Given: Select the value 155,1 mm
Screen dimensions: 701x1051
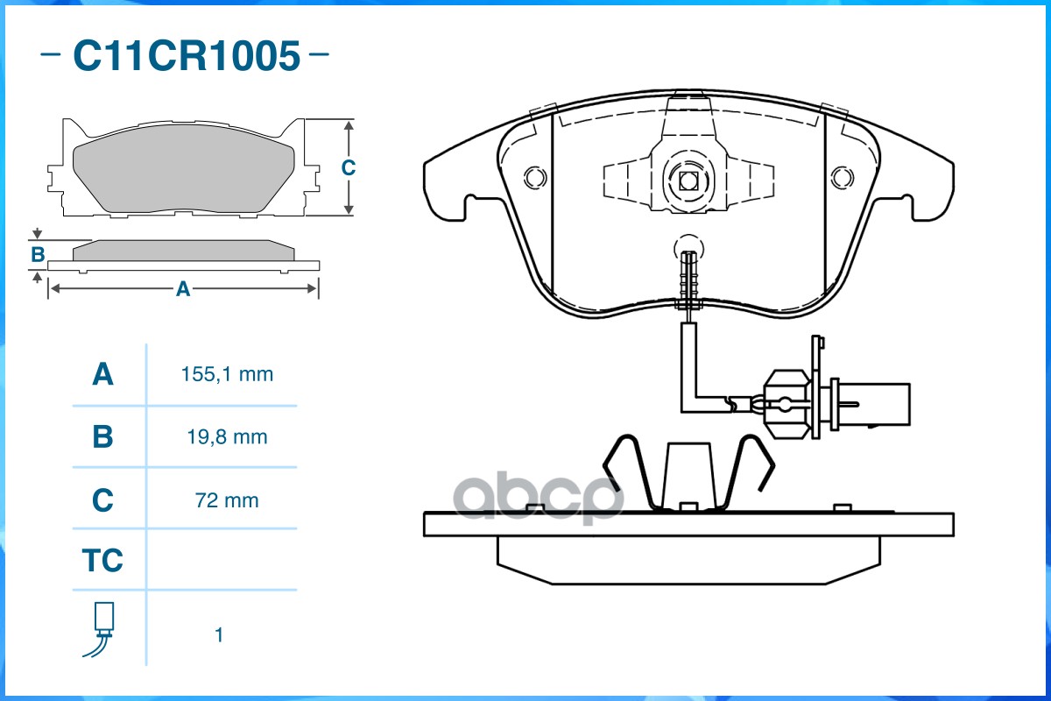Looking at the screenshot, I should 227,375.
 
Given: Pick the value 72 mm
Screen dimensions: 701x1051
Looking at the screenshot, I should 227,500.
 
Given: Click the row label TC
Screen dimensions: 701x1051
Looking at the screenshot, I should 102,560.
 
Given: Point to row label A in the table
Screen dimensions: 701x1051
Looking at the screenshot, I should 102,375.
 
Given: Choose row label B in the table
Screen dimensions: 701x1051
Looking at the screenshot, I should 102,436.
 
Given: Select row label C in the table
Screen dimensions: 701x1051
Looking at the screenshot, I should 102,500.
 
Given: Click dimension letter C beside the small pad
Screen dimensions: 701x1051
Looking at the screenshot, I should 348,167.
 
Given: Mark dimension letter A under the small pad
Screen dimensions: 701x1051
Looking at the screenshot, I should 182,289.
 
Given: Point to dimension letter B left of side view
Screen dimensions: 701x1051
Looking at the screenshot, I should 38,255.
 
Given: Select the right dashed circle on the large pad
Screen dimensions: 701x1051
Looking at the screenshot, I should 841,177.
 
